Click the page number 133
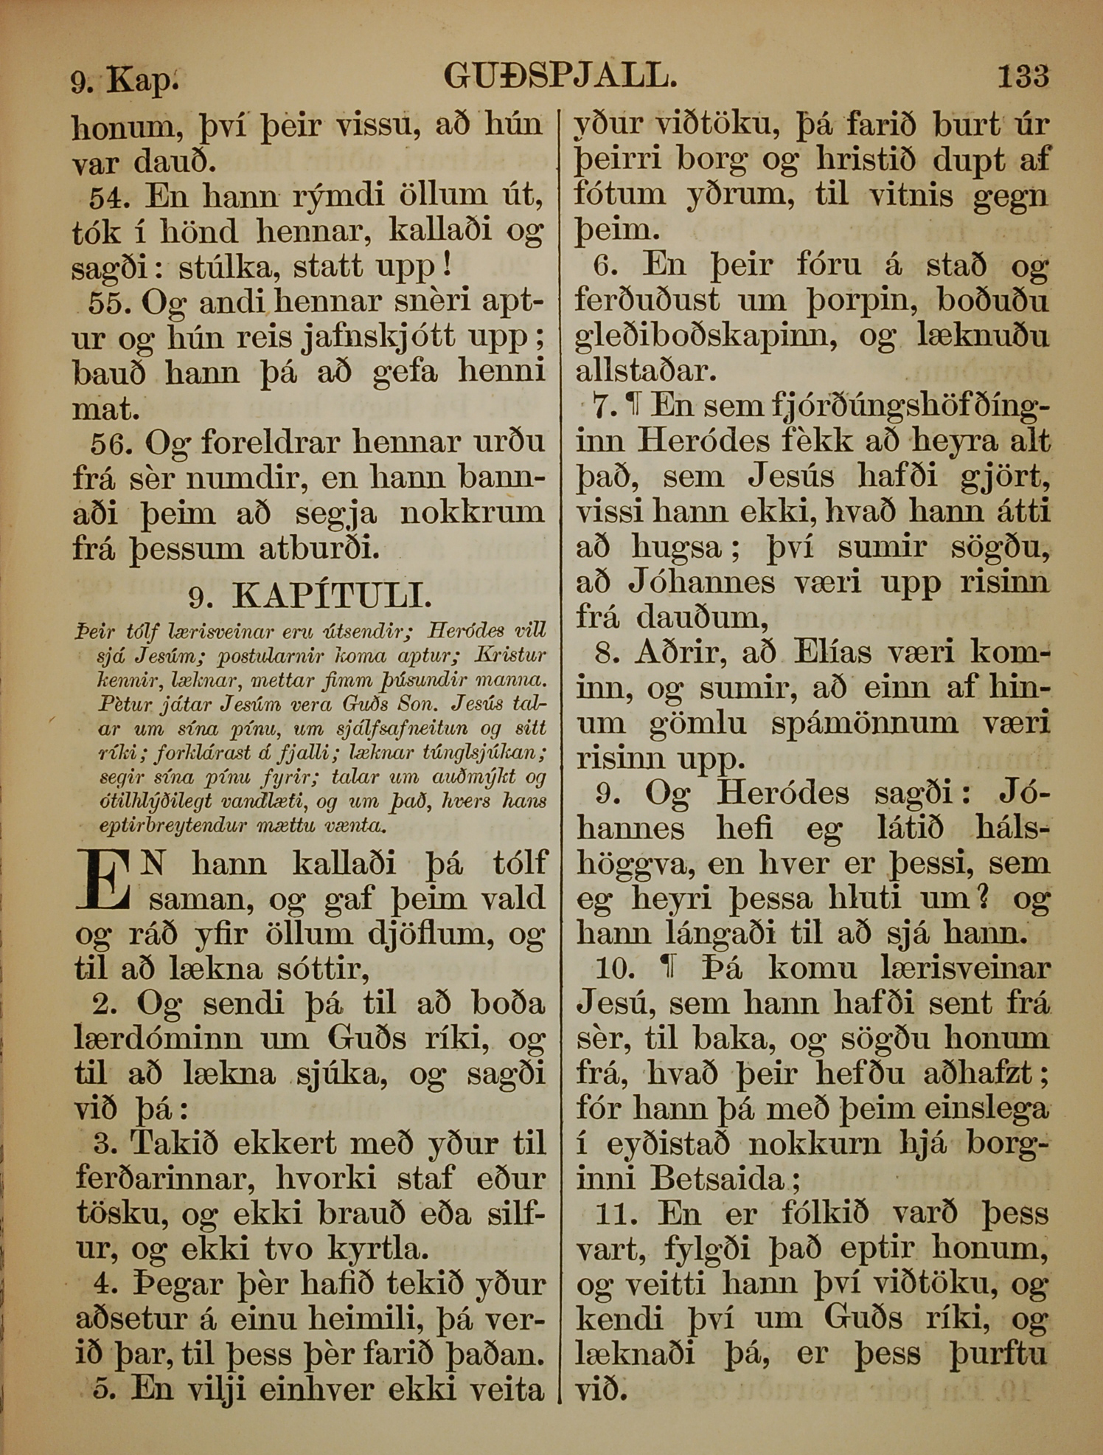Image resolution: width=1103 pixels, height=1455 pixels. [x=1023, y=77]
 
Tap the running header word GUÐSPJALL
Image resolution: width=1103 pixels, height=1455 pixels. [x=560, y=77]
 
